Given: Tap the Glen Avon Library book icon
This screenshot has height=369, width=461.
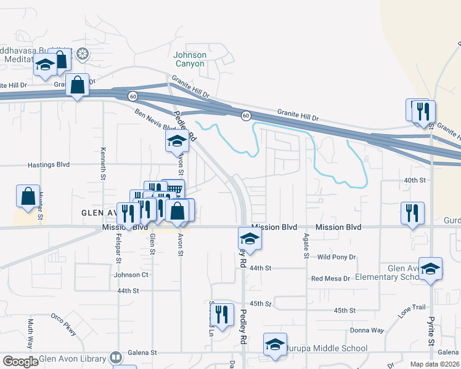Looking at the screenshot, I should (x=115, y=357).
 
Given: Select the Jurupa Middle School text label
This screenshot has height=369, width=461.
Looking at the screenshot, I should (x=328, y=349).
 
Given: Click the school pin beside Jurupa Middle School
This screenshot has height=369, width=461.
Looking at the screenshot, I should (x=275, y=345).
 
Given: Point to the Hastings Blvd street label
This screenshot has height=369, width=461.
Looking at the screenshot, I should (x=49, y=165).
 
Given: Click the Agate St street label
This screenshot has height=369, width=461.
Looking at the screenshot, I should (x=305, y=246).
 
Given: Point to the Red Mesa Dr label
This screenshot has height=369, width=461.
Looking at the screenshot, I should (x=330, y=279).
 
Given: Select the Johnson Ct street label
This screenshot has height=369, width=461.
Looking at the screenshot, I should (x=131, y=275).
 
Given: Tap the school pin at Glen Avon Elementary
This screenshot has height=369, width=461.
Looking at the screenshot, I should (x=431, y=269).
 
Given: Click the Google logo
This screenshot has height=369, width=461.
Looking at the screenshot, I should (x=20, y=362).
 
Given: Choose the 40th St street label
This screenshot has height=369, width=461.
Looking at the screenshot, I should (x=415, y=180).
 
